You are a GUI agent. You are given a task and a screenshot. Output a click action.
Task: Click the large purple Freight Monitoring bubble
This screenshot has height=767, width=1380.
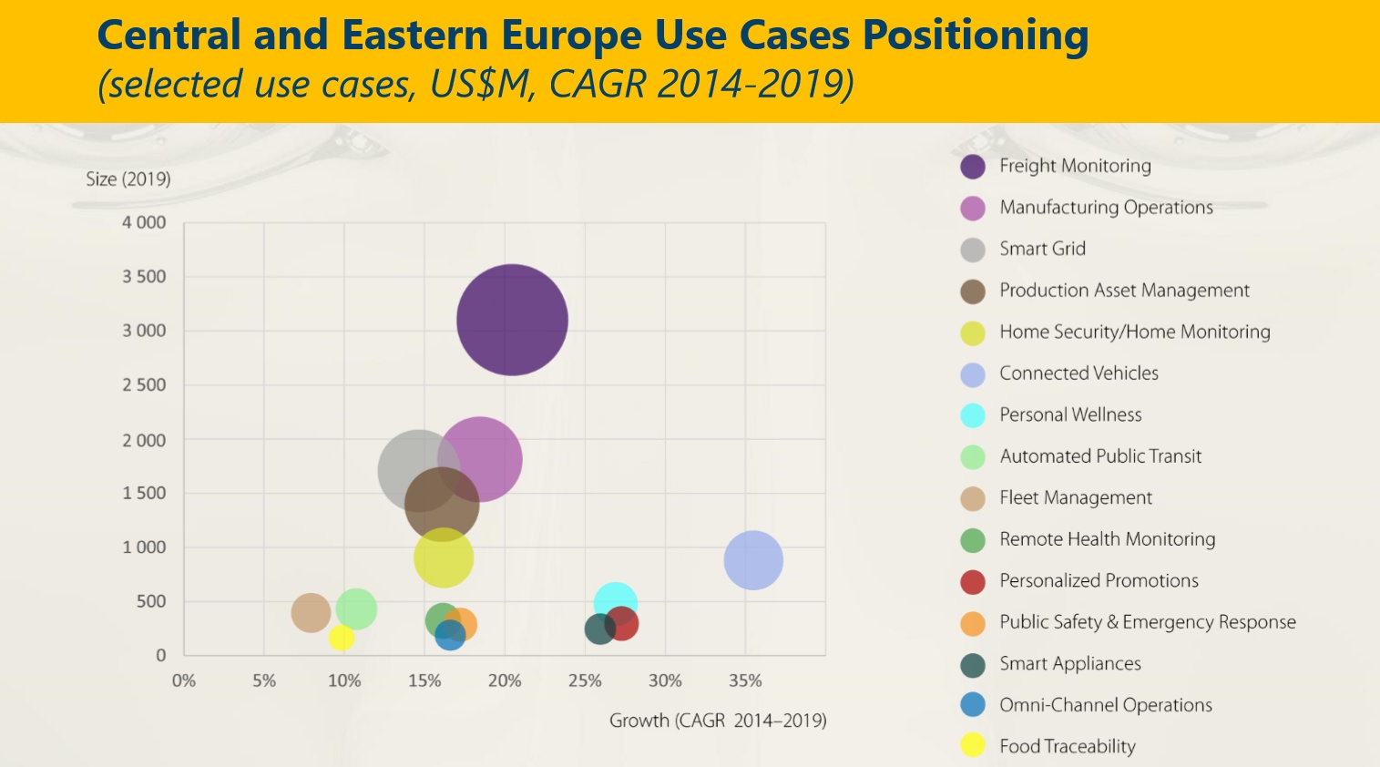[x=512, y=320]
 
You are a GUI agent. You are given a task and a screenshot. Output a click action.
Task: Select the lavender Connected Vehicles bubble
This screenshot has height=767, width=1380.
[x=753, y=560]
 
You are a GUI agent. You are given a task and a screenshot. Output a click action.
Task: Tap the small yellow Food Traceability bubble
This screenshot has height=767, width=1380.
[x=342, y=638]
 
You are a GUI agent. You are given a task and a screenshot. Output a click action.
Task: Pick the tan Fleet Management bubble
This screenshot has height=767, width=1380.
[x=311, y=612]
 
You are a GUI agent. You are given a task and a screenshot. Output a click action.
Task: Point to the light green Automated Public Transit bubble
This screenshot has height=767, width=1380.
[x=356, y=608]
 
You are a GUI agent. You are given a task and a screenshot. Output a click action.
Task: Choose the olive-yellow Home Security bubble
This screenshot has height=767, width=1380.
[x=443, y=557]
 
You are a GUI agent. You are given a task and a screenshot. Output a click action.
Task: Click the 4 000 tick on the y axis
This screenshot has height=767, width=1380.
[x=144, y=222]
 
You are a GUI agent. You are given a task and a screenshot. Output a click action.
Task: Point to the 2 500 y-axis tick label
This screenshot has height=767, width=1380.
[x=144, y=384]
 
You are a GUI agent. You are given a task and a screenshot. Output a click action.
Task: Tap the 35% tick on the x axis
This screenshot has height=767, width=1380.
[x=745, y=680]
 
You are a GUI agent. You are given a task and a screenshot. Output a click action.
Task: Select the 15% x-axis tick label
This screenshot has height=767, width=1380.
[x=424, y=680]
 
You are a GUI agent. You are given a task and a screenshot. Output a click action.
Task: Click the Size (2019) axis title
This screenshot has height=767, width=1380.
[x=128, y=179]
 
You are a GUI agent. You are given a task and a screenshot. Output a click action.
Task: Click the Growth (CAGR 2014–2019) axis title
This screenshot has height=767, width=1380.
[x=718, y=721]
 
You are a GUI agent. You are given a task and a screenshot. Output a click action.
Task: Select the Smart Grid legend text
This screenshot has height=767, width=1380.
[x=1042, y=249]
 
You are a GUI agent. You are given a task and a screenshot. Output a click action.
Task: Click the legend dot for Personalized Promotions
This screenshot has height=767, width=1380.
[x=973, y=581]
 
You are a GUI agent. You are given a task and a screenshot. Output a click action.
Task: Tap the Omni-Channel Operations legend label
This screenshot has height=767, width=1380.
[x=1105, y=705]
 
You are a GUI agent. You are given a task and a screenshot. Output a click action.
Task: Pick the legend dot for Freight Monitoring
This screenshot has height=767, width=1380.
[x=973, y=167]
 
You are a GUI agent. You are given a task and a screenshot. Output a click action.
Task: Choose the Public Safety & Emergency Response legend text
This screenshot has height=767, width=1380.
[x=1147, y=622]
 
